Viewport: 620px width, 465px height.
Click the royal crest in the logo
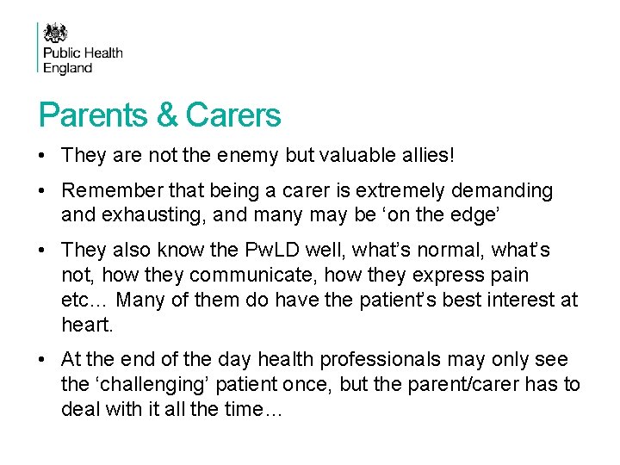tap(56, 34)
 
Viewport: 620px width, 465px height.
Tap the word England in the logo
tap(67, 67)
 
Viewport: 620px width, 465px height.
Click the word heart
tap(87, 324)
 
